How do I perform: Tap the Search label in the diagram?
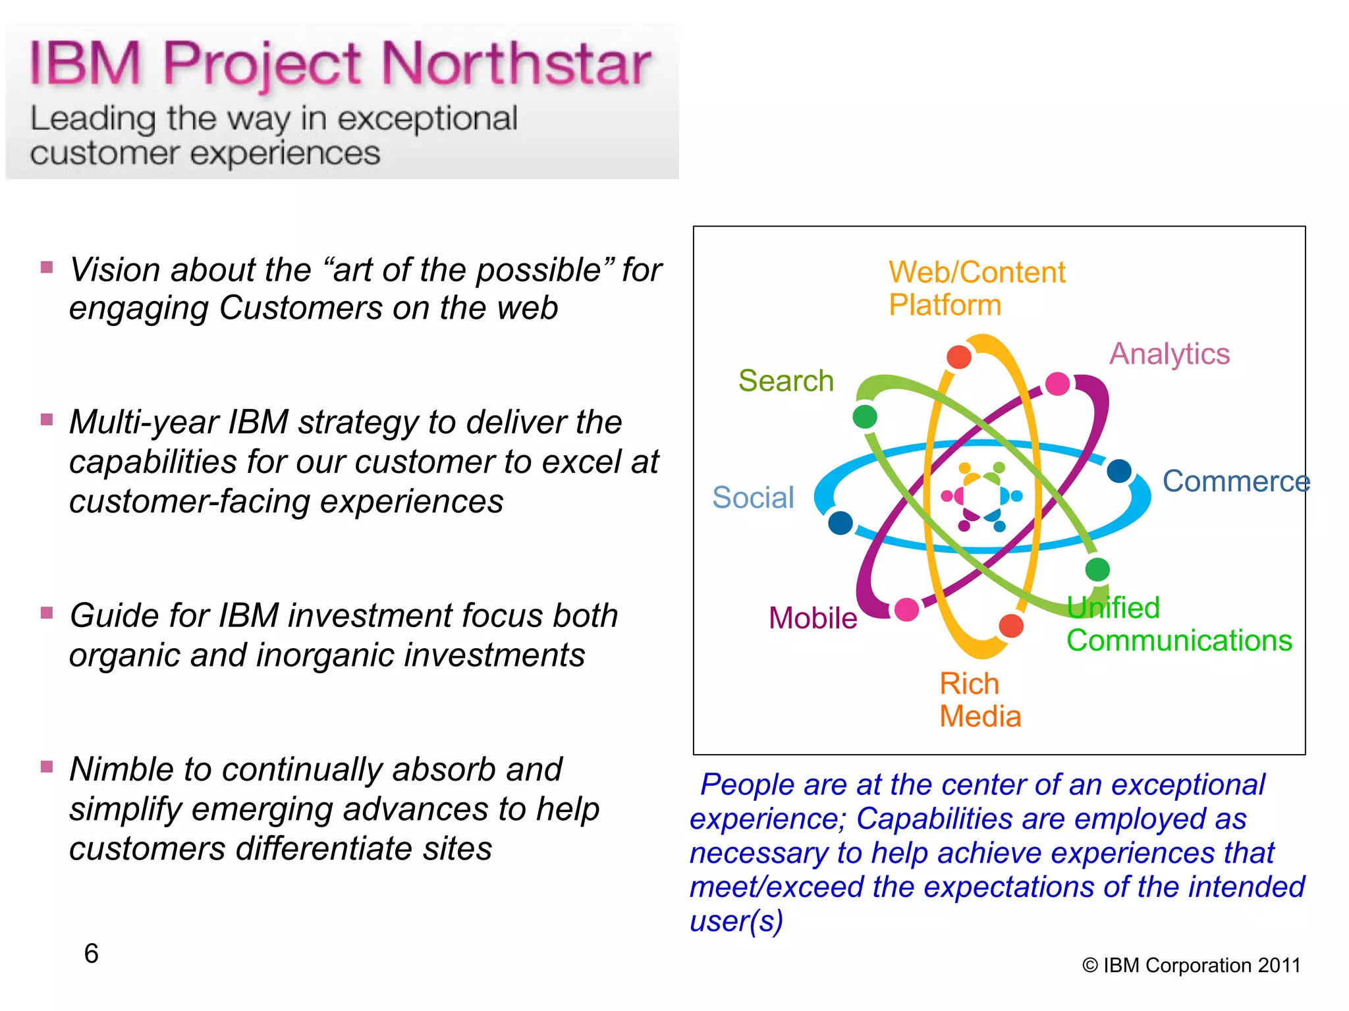[786, 381]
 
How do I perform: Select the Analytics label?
[1169, 354]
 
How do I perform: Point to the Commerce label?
[1236, 481]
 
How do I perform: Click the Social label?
[753, 497]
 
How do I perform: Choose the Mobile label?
[813, 618]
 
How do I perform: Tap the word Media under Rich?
[980, 717]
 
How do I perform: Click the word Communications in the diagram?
[1179, 641]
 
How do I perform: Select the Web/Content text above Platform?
[976, 272]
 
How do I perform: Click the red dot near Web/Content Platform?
[958, 357]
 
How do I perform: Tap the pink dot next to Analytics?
[1057, 383]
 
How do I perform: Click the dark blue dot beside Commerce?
[1119, 471]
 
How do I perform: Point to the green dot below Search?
[865, 416]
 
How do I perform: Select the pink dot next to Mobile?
[907, 609]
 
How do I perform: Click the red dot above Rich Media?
[1011, 626]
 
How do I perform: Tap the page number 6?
[91, 953]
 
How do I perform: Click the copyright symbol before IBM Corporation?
[1090, 966]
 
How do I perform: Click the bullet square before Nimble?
[47, 767]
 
